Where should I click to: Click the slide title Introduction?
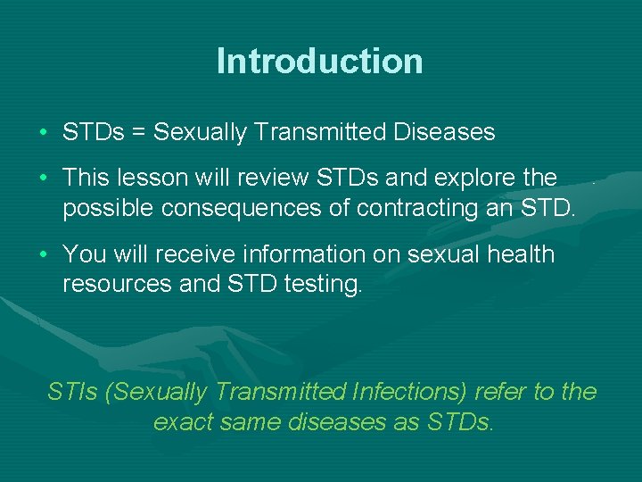(320, 61)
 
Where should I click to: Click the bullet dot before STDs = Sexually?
(44, 132)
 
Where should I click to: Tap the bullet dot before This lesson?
(44, 178)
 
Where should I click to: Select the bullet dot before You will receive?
(44, 254)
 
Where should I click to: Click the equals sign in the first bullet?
(138, 132)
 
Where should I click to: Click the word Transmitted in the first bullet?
(320, 131)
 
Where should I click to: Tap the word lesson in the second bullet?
(152, 178)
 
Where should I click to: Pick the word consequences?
(241, 208)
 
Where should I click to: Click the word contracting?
(417, 208)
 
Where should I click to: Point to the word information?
(304, 253)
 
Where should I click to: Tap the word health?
(521, 253)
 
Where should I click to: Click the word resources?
(117, 285)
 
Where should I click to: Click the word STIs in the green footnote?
(72, 391)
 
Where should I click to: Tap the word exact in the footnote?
(184, 421)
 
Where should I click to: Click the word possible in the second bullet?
(108, 208)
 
